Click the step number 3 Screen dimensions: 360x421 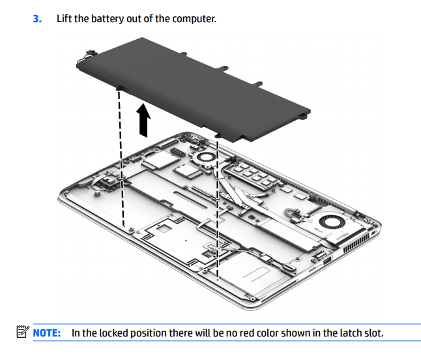coord(36,18)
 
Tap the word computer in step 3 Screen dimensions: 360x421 coord(194,18)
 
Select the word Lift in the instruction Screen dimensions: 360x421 coord(65,18)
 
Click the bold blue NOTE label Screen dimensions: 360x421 coord(48,333)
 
